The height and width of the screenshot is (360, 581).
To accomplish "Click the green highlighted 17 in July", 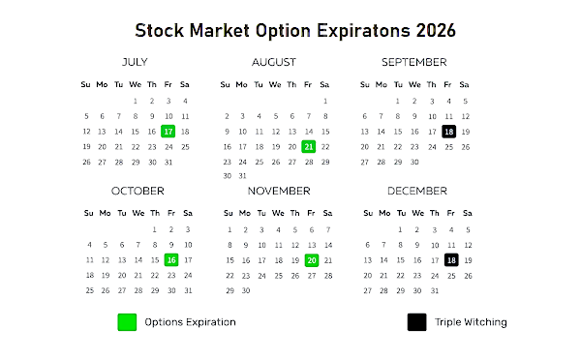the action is click(168, 131).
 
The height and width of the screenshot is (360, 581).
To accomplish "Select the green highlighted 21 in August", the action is click(308, 147).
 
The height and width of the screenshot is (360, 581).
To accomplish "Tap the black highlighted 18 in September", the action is click(448, 132).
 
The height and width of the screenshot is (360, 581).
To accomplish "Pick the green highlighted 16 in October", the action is click(171, 260).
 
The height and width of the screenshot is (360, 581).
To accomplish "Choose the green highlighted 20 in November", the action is click(312, 260).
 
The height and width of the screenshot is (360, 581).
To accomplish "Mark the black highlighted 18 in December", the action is click(451, 260).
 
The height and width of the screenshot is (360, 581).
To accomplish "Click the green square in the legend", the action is click(127, 322).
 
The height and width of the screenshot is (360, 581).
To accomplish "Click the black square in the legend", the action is click(416, 322).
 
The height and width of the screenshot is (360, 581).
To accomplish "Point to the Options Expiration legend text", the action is click(190, 322).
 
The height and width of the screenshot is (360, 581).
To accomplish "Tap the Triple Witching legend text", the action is click(471, 322).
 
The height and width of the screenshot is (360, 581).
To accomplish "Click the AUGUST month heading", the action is click(274, 62).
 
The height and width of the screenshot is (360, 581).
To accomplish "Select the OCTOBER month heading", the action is click(138, 191).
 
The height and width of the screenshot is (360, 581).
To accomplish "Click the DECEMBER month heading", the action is click(417, 191).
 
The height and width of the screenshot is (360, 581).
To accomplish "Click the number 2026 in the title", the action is click(436, 31).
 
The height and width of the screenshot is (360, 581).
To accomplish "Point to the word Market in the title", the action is click(220, 31).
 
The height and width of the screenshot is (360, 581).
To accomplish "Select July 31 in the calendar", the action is click(168, 163).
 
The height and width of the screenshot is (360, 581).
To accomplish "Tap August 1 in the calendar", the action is click(325, 101).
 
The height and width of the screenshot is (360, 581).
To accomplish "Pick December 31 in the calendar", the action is click(435, 290).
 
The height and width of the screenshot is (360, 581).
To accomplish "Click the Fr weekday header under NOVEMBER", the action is click(311, 213).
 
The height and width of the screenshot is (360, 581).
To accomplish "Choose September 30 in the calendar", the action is click(414, 162).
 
